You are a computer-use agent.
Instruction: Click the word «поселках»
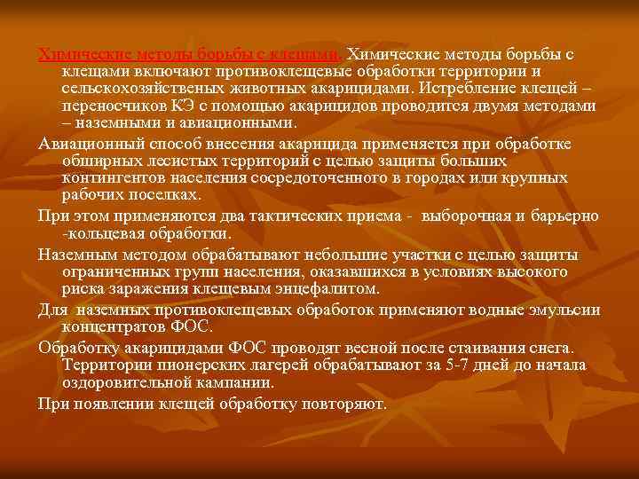click(x=164, y=195)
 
